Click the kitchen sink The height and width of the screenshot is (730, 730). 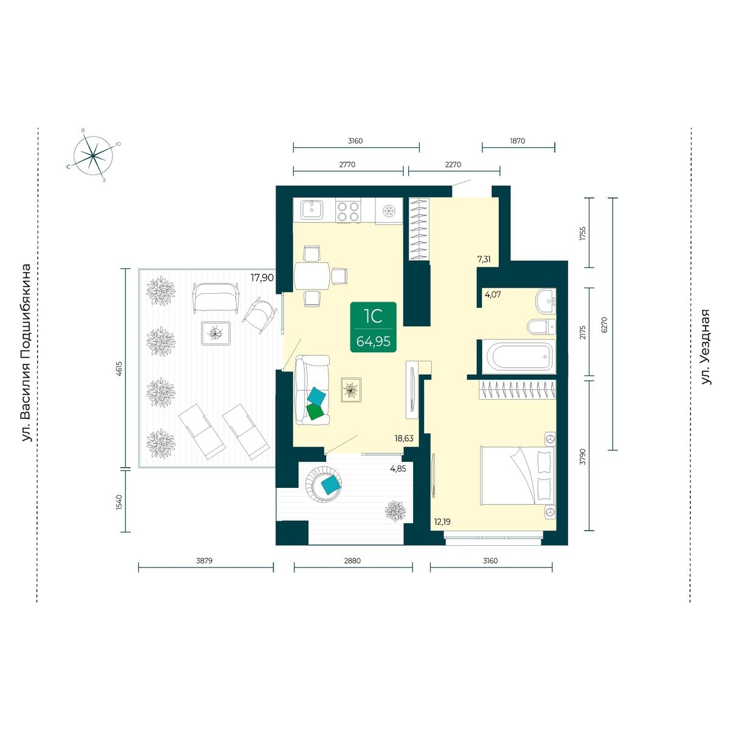(312, 210)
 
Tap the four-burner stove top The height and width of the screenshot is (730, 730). (348, 211)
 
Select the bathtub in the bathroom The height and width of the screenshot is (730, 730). (518, 356)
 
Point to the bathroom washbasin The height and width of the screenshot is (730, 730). (546, 301)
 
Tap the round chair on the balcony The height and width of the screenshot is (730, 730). (324, 484)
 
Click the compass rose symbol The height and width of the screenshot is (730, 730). (92, 155)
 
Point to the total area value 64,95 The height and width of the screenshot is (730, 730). (373, 341)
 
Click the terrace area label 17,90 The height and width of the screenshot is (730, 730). (262, 277)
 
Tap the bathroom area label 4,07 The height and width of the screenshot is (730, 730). (493, 294)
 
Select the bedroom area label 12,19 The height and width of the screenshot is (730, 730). (442, 522)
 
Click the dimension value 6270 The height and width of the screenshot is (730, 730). (604, 325)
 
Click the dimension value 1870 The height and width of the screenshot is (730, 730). (518, 141)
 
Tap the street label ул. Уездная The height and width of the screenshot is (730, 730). (706, 347)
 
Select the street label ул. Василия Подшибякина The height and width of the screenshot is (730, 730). (26, 353)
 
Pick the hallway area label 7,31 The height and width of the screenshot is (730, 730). (484, 260)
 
